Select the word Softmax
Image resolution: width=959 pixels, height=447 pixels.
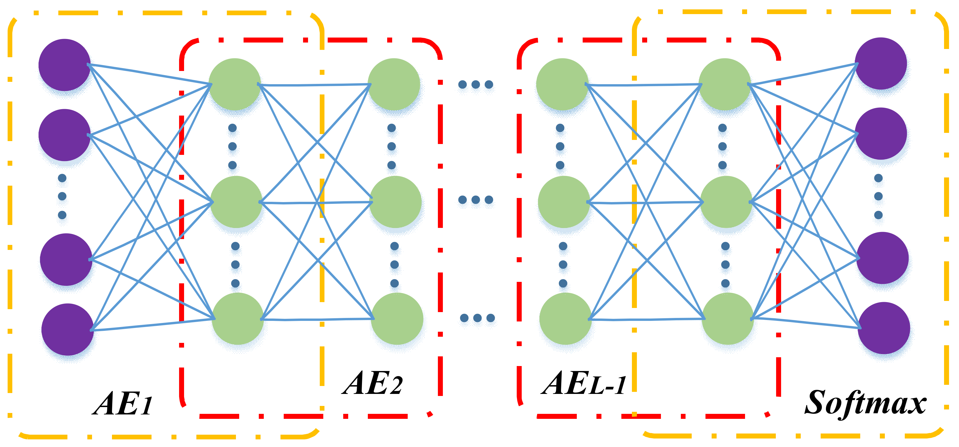pyautogui.click(x=865, y=403)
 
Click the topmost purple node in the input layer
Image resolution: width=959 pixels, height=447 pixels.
pyautogui.click(x=64, y=65)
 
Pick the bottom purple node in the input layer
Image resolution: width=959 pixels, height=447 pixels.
pyautogui.click(x=67, y=329)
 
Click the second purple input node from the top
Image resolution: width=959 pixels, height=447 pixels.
pyautogui.click(x=64, y=135)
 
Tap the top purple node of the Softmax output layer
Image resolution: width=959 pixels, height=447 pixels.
pyautogui.click(x=880, y=63)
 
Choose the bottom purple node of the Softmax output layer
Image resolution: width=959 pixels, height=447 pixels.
pyautogui.click(x=884, y=328)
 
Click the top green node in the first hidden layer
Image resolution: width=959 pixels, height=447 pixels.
pyautogui.click(x=234, y=84)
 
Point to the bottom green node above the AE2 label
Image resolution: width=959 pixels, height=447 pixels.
pyautogui.click(x=397, y=319)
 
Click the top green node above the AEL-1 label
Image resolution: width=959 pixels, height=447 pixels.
pyautogui.click(x=562, y=84)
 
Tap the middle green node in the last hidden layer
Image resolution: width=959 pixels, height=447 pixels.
pyautogui.click(x=726, y=202)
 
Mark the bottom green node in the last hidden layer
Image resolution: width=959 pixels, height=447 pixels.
pyautogui.click(x=727, y=319)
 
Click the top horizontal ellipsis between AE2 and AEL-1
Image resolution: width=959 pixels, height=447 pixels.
pyautogui.click(x=475, y=84)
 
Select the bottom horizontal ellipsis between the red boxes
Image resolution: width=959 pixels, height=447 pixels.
pyautogui.click(x=477, y=318)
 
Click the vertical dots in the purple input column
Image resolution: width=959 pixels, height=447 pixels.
pyautogui.click(x=62, y=196)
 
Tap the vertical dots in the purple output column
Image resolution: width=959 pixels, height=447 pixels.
pyautogui.click(x=878, y=196)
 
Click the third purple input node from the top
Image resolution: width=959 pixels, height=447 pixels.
pyautogui.click(x=66, y=259)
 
